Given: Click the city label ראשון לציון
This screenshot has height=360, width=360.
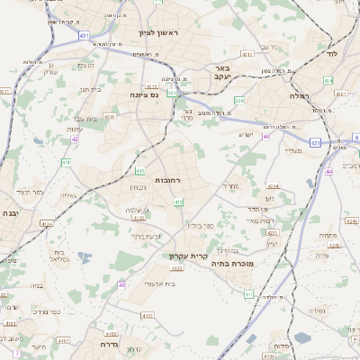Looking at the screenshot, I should pos(159,33).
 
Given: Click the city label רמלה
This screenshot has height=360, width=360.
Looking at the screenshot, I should pos(300,93).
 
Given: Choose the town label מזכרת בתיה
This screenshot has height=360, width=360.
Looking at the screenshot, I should pos(233,264).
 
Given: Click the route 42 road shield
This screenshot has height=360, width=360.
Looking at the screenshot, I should pos(75,139).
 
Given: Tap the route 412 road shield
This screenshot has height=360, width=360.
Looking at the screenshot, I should pos(179,202).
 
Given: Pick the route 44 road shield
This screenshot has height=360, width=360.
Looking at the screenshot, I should pos(329,171).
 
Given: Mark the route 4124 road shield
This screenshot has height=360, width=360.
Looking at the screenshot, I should pos(47,223).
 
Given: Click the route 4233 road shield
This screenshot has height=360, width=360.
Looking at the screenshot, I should pos(272,232).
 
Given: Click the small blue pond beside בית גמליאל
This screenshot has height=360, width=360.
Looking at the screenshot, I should pos(84,256).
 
